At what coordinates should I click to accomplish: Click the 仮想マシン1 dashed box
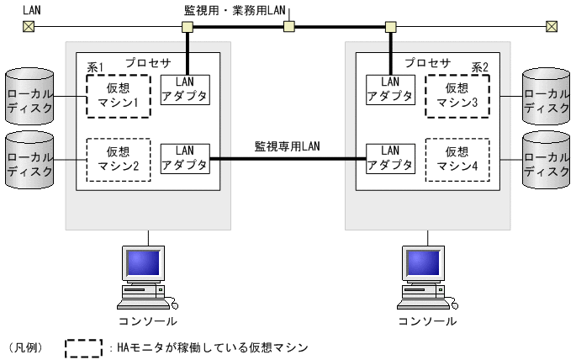[118, 94]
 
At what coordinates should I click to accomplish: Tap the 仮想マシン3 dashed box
[457, 94]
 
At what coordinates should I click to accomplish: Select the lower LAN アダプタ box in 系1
[184, 158]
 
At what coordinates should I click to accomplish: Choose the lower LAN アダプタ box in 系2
[390, 158]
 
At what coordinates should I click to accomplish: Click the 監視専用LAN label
[287, 146]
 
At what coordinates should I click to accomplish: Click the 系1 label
[96, 66]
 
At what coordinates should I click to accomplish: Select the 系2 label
[479, 66]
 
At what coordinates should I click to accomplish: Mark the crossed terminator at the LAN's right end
[551, 27]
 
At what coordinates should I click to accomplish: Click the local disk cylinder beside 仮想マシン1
[29, 94]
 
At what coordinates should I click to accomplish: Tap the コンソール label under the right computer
[427, 321]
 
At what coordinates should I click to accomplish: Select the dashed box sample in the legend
[83, 347]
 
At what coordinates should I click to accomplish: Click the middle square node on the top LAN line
[288, 27]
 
